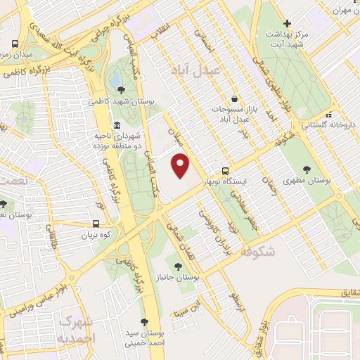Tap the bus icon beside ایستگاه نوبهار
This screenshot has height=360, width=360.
[x=225, y=170]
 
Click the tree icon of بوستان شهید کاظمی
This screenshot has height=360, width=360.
[x=122, y=90]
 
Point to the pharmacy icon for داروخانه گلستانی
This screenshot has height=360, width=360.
[x=328, y=115]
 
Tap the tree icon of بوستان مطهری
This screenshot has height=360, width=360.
[x=307, y=169]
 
